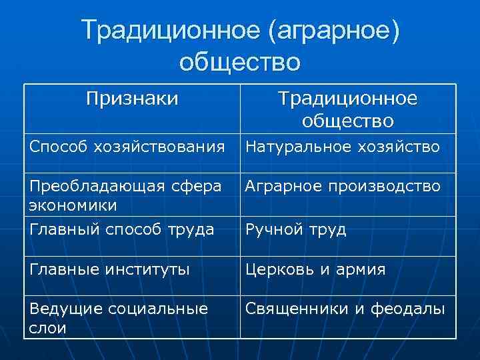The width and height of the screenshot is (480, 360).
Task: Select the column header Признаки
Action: tap(132, 99)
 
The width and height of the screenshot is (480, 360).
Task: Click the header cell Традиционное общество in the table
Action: tap(347, 109)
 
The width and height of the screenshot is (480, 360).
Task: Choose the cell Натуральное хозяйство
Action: tap(342, 147)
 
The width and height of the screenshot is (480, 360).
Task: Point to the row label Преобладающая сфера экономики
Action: tap(125, 194)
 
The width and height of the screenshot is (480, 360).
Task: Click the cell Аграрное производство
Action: tap(343, 187)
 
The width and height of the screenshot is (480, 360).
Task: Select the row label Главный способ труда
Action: tap(122, 230)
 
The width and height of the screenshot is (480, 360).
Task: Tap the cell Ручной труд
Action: tap(296, 230)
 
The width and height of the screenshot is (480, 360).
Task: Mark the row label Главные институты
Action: tap(109, 269)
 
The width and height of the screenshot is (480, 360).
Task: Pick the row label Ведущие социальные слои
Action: tap(119, 317)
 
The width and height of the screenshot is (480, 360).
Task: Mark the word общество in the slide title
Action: tap(240, 63)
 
